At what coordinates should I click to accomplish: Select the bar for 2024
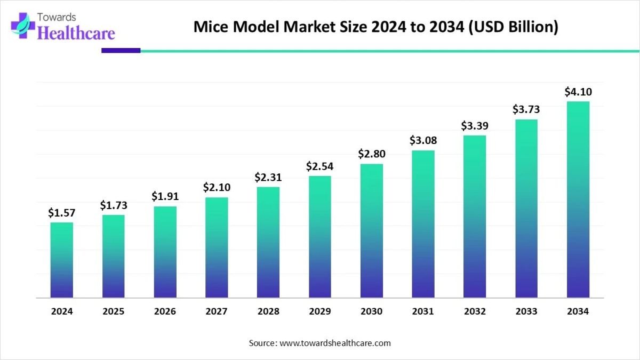(x=62, y=260)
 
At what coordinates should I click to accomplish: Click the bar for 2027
(x=217, y=247)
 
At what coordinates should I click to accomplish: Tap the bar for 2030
(x=372, y=230)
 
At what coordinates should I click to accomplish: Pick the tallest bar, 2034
(x=578, y=199)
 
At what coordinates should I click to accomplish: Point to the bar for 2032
(x=475, y=217)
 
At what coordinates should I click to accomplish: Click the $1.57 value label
(x=62, y=213)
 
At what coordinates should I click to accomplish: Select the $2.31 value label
(x=268, y=177)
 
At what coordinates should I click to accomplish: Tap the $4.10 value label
(x=578, y=92)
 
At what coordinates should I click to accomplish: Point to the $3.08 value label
(x=423, y=141)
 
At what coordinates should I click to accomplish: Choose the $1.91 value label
(x=165, y=197)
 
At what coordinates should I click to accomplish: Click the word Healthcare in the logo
(x=77, y=34)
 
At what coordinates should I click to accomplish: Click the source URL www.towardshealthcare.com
(x=335, y=343)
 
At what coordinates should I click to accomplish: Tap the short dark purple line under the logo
(x=121, y=51)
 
